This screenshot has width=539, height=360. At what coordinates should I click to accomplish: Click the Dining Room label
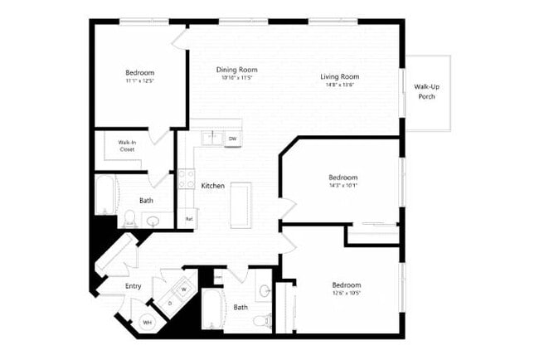tap(236, 70)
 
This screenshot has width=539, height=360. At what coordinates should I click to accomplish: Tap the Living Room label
tap(340, 77)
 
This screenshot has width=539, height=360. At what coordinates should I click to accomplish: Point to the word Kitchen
tap(213, 186)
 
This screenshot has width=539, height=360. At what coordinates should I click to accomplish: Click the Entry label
tap(133, 286)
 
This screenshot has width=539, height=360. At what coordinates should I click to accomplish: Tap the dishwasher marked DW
tap(233, 139)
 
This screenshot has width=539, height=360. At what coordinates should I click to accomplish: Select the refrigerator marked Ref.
tap(189, 219)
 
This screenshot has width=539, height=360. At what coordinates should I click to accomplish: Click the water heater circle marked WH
tap(148, 322)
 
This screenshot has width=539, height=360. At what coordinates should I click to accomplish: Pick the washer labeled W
tap(183, 289)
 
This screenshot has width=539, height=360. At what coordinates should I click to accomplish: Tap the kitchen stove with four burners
tap(187, 178)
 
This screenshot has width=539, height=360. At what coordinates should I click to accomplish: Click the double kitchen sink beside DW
tap(211, 139)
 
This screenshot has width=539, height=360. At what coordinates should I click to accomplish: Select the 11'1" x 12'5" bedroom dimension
tap(139, 81)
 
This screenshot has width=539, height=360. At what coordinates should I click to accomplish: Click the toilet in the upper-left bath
tap(129, 218)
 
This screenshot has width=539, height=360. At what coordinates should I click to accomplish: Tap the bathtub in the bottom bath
tap(213, 309)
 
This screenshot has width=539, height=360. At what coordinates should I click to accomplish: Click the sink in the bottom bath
tap(265, 291)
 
